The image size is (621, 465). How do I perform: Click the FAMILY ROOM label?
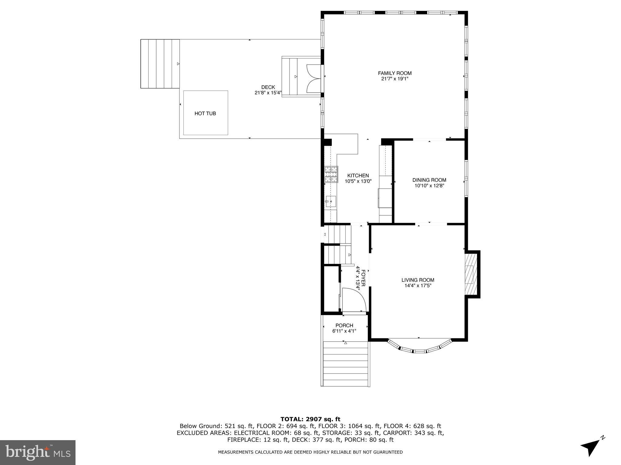(394, 73)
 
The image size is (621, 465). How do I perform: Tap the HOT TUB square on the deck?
(205, 113)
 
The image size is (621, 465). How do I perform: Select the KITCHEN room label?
(358, 175)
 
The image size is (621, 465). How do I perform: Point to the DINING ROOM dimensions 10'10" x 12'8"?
(429, 186)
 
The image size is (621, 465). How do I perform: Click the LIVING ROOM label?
(418, 280)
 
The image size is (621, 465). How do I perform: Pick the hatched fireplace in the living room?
(471, 274)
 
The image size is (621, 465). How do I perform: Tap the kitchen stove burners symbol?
(331, 174)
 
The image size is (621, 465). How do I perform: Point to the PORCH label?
(344, 325)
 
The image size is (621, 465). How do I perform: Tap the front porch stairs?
(346, 364)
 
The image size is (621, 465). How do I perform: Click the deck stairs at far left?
(160, 64)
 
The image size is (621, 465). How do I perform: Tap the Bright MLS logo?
(38, 452)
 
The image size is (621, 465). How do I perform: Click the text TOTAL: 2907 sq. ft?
(310, 419)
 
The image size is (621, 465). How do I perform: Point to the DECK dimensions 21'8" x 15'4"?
(268, 93)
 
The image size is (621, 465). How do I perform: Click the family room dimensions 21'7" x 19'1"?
(394, 79)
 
